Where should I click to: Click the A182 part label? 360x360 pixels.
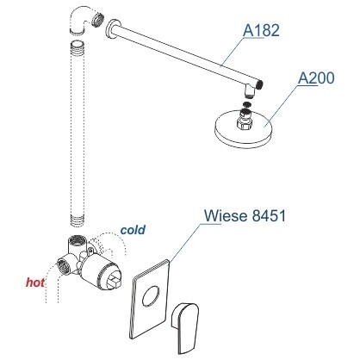(x=261, y=30)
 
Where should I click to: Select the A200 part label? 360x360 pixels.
(x=316, y=78)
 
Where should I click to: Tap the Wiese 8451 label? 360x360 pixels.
(x=245, y=215)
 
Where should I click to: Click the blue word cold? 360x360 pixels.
(x=133, y=230)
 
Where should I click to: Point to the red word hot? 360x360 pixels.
(x=35, y=282)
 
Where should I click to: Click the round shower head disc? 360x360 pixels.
(x=243, y=127)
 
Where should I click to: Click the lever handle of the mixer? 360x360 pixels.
(x=184, y=326)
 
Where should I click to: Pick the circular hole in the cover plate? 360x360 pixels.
(x=151, y=295)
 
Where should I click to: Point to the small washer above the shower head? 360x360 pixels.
(x=246, y=104)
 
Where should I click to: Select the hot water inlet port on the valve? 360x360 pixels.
(x=64, y=266)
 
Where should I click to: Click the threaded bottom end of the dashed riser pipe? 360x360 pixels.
(x=78, y=220)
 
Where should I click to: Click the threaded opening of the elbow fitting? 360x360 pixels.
(x=98, y=19)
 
